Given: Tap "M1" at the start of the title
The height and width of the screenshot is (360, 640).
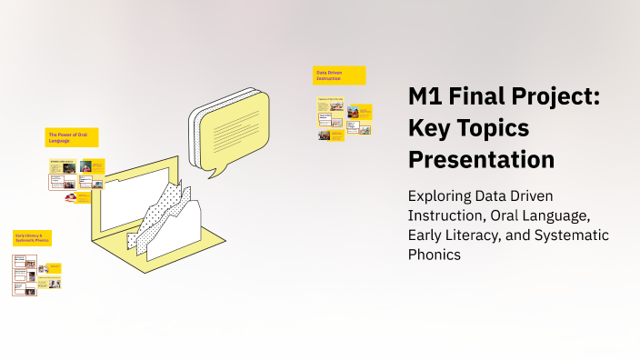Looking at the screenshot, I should tap(425, 98).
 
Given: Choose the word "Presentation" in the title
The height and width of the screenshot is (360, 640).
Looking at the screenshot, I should tap(481, 160).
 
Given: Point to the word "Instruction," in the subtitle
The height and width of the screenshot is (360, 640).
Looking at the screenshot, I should tap(443, 215).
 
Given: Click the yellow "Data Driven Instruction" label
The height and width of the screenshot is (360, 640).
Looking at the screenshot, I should tap(340, 75).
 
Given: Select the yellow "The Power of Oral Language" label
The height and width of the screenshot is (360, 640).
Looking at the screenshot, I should tap(72, 137).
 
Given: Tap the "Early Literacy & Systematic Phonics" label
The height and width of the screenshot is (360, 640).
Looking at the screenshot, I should tap(32, 238).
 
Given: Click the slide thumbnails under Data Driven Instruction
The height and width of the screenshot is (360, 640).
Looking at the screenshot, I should tap(344, 118).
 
